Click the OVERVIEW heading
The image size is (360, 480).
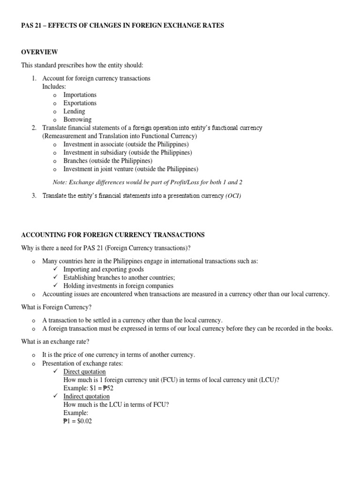39,52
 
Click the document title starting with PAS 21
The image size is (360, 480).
122,25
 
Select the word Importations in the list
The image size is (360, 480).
80,95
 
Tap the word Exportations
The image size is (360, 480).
80,103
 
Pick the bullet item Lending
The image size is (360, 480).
74,112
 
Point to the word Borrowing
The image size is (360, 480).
77,120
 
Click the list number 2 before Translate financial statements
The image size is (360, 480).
34,128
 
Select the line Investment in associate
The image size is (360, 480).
126,144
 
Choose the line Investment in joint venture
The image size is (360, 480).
131,169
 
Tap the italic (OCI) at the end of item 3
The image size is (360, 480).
233,196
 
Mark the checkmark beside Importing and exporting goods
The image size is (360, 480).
55,270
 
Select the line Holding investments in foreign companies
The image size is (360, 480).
118,285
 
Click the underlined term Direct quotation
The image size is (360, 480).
84,372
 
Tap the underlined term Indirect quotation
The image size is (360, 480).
86,397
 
